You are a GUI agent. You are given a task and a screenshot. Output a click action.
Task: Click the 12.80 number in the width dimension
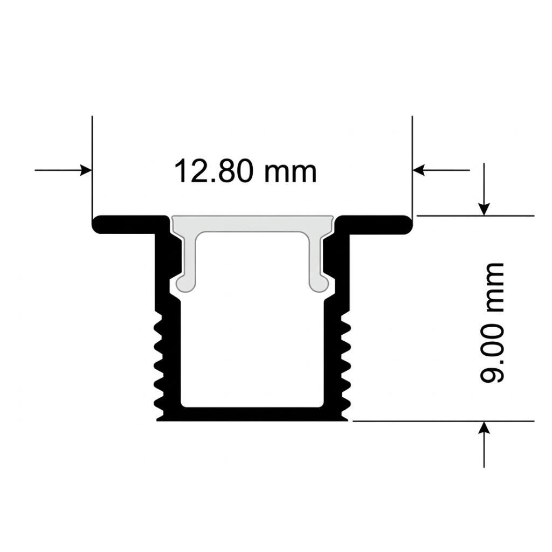tap(214, 171)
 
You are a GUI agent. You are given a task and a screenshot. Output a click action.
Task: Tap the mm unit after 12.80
tap(291, 174)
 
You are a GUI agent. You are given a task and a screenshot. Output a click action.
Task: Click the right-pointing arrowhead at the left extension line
tap(86, 170)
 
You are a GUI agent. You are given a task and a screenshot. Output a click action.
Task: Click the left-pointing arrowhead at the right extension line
tap(418, 170)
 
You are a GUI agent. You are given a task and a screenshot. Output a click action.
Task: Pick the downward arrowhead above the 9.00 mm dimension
tap(485, 210)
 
